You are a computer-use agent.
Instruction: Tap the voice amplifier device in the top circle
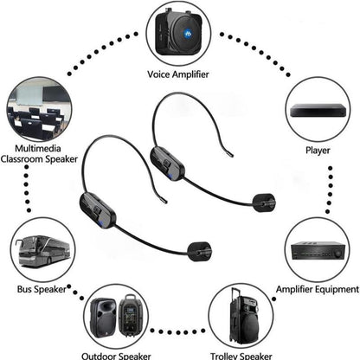180,31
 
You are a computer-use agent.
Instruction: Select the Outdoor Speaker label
118,354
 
